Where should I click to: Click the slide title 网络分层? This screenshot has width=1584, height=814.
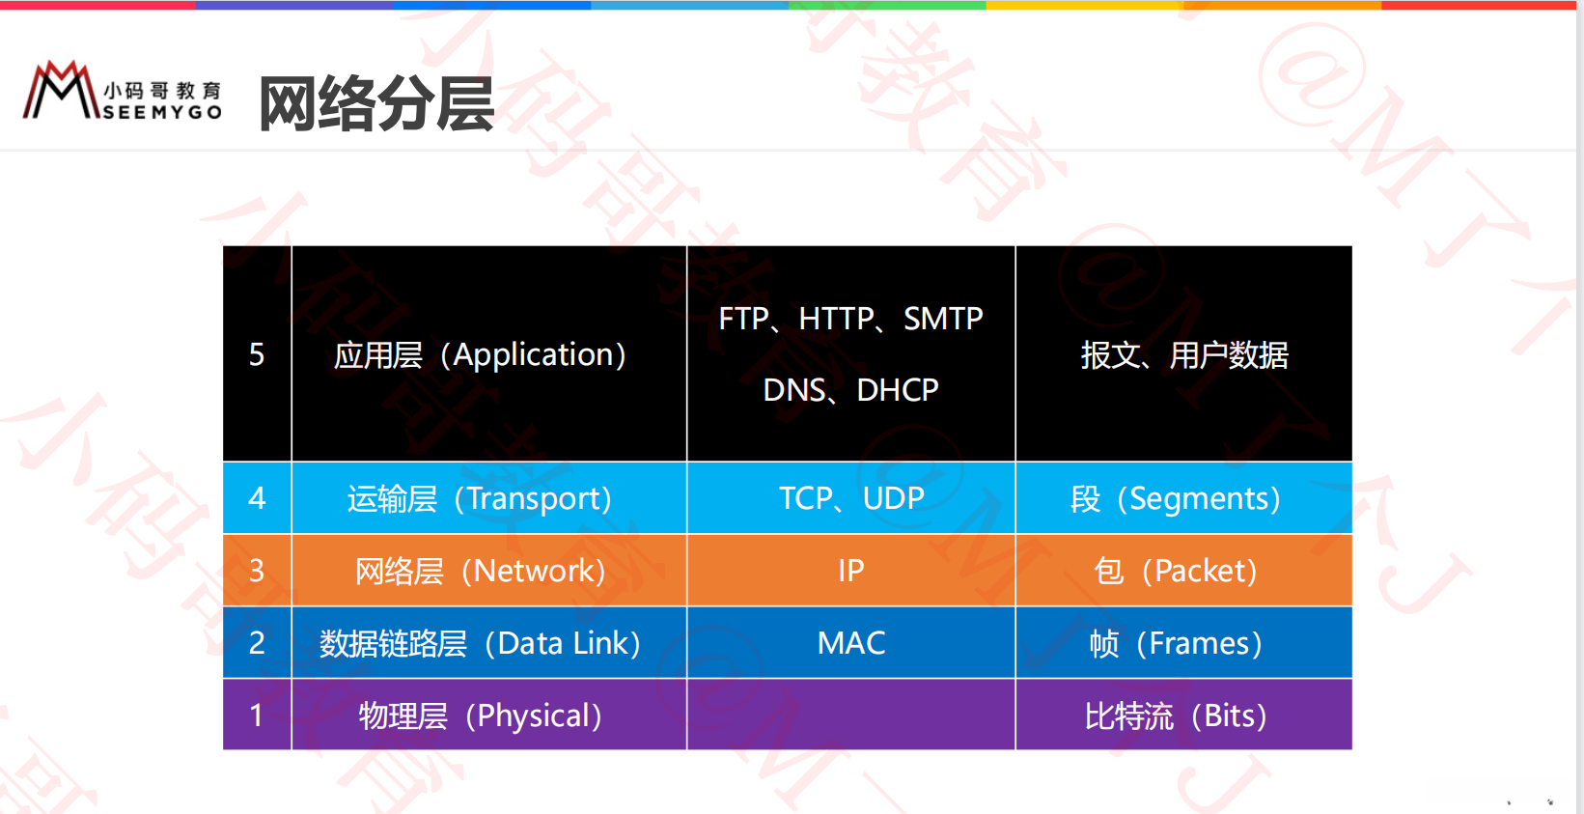click(x=376, y=104)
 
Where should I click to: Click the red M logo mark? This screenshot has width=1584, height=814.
click(x=61, y=90)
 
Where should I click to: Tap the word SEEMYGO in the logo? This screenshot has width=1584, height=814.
click(x=162, y=112)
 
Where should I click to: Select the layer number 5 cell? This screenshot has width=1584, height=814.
click(x=257, y=353)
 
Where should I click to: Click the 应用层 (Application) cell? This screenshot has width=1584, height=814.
click(x=488, y=353)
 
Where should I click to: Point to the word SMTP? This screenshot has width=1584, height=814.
click(x=943, y=319)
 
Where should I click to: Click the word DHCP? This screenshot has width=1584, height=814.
click(x=898, y=390)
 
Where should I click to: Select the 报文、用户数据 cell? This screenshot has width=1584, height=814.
click(x=1183, y=353)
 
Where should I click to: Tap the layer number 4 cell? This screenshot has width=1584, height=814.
click(x=257, y=498)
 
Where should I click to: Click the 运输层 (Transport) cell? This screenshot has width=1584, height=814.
click(x=488, y=498)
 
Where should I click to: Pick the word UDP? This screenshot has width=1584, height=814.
click(x=893, y=498)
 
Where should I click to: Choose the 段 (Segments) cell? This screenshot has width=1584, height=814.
click(x=1183, y=498)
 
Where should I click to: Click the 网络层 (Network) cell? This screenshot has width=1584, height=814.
click(x=488, y=570)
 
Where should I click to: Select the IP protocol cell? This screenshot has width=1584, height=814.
click(x=850, y=570)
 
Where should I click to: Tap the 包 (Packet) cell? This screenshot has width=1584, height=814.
click(x=1183, y=570)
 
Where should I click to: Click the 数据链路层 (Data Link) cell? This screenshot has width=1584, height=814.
click(x=488, y=643)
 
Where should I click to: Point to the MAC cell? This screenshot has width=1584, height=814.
click(x=850, y=643)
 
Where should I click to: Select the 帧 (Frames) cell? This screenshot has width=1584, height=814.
click(x=1183, y=643)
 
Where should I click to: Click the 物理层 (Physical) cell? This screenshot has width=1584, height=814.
click(x=488, y=715)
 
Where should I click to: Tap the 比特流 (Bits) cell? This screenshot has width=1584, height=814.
click(x=1183, y=715)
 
